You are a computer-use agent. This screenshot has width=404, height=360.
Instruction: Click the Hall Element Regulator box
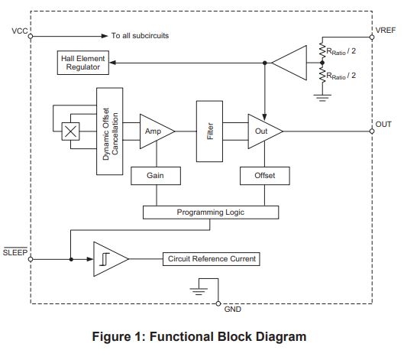point(83,63)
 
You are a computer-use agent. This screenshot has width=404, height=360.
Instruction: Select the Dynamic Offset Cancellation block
point(109,131)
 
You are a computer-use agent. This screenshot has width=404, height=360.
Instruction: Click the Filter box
point(209,131)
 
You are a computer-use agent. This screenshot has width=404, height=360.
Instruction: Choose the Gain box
point(156,176)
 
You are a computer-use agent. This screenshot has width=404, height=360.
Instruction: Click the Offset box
point(265,176)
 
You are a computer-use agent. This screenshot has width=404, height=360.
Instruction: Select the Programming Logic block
point(211,212)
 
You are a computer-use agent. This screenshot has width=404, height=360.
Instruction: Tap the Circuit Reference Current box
point(212,259)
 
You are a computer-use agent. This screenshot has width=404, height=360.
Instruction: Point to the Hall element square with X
point(70,131)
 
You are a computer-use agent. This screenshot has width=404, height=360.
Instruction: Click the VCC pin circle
point(31,36)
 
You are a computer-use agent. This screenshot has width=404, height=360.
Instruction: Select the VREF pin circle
point(372,37)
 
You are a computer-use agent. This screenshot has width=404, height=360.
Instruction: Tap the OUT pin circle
point(372,131)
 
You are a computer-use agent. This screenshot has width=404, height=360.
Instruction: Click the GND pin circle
point(218,303)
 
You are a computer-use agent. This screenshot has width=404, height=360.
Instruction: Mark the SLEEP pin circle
point(31,259)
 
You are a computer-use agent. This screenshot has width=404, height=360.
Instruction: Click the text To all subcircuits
point(140,36)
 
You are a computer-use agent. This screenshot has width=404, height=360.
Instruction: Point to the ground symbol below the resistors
point(322,98)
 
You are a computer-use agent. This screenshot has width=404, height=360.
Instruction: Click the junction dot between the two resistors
point(322,63)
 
